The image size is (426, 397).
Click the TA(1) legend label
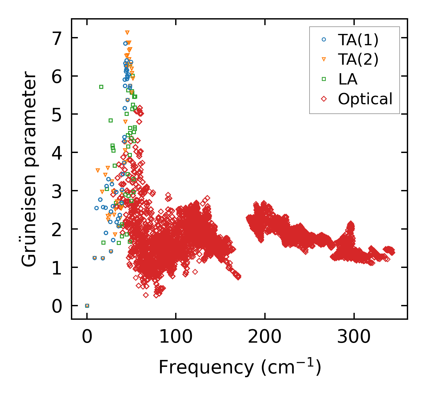pos(358,40)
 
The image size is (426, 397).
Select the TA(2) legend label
pos(358,59)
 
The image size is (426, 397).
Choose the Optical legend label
pos(365,99)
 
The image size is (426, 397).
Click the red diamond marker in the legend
pos(324,99)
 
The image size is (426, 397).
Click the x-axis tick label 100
pos(176,337)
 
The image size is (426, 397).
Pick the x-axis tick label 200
pos(265,337)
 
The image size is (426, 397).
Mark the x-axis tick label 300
pos(354,337)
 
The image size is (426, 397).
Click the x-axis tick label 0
pos(87,337)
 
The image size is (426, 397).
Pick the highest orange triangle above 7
pos(127,33)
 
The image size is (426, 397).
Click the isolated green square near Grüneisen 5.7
pos(101,87)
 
